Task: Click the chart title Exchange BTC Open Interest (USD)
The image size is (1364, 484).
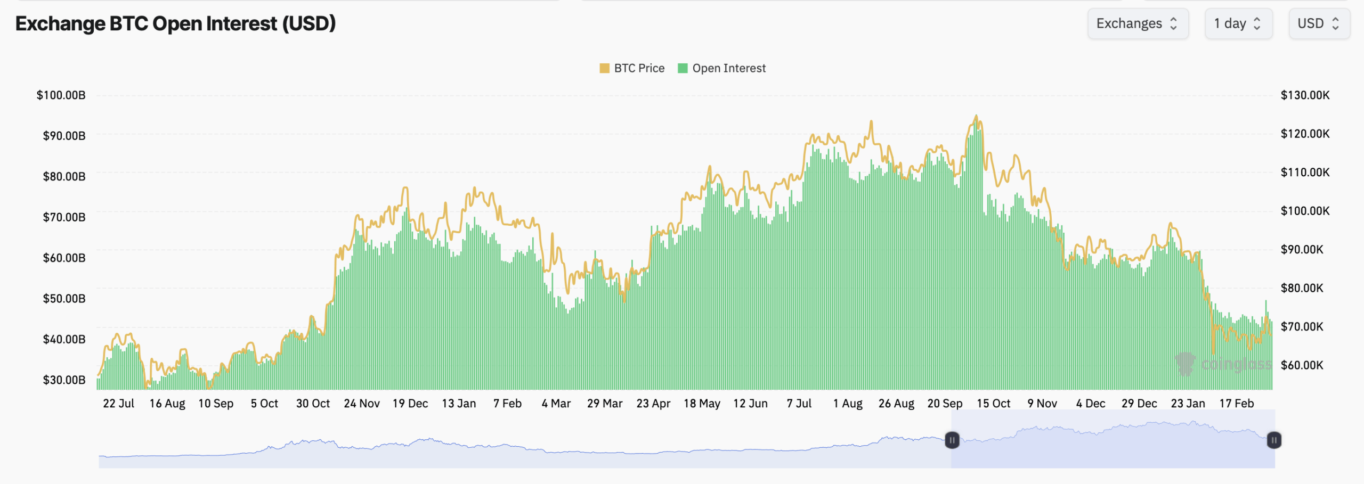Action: pos(175,23)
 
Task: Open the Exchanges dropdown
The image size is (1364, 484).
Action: pos(1138,23)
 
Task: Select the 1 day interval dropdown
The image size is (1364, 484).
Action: pos(1238,23)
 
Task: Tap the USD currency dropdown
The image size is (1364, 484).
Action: pos(1319,23)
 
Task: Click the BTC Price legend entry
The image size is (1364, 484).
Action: pos(632,68)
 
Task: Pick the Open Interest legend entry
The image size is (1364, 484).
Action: pos(722,68)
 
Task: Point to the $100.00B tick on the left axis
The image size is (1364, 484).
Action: pos(61,95)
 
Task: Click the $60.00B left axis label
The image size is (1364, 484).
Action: pos(64,258)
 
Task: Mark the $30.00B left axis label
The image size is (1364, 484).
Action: pos(64,380)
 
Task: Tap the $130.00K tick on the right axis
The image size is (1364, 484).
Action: pos(1305,95)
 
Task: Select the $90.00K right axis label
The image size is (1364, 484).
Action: pos(1302,250)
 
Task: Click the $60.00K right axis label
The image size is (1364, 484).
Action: pos(1302,365)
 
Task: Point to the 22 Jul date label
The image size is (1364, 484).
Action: pos(118,404)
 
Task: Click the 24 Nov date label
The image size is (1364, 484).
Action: pos(362,404)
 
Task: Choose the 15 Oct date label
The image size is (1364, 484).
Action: pos(993,404)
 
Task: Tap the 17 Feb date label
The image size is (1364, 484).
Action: pos(1237,404)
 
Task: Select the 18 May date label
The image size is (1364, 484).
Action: pos(702,404)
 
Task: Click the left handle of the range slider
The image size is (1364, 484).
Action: pos(952,440)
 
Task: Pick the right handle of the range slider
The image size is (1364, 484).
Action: pos(1274,440)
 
